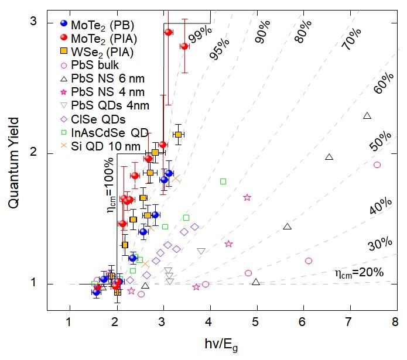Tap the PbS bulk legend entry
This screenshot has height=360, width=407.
(x=94, y=65)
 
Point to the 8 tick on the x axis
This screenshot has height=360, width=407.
(x=395, y=321)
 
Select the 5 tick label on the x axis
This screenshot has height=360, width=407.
(x=255, y=321)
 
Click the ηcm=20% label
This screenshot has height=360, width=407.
(x=359, y=272)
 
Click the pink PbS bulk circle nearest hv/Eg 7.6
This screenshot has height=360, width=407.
(x=377, y=165)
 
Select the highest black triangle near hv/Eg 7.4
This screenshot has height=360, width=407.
(x=367, y=116)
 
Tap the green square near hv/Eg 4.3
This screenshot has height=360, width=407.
(x=223, y=181)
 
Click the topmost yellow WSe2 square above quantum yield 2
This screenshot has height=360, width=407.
(x=179, y=135)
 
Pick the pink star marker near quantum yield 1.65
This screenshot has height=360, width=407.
(x=247, y=198)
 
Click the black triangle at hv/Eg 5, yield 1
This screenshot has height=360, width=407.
(x=255, y=282)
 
